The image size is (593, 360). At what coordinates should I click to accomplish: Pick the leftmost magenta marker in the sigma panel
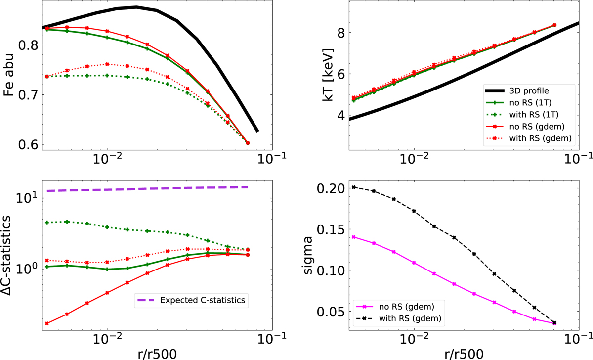(x=354, y=237)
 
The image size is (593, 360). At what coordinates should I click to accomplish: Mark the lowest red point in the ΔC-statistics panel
(x=47, y=323)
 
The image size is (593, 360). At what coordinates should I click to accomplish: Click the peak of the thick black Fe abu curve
(x=136, y=7)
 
